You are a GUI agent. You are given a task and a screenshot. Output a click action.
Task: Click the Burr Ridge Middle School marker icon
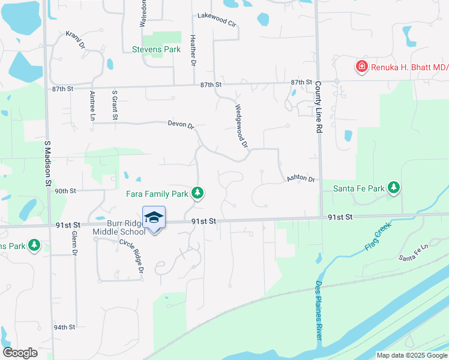click(154, 218)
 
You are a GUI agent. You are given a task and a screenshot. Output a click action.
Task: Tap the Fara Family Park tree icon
click(197, 193)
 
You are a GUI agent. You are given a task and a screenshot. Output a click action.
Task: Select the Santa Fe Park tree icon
click(394, 188)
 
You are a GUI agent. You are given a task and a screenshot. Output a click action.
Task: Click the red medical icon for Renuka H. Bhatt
click(361, 66)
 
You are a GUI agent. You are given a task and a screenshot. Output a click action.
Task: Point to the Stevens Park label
click(156, 49)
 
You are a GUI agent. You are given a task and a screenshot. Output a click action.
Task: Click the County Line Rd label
click(318, 107)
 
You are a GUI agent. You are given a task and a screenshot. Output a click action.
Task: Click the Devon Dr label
click(181, 125)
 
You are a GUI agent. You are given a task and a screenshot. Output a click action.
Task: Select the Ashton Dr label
click(300, 178)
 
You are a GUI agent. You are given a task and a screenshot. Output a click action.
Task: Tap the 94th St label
click(64, 327)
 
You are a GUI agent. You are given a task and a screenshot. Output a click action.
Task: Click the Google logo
click(20, 353)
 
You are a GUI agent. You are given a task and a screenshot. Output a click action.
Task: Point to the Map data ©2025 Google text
click(411, 355)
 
